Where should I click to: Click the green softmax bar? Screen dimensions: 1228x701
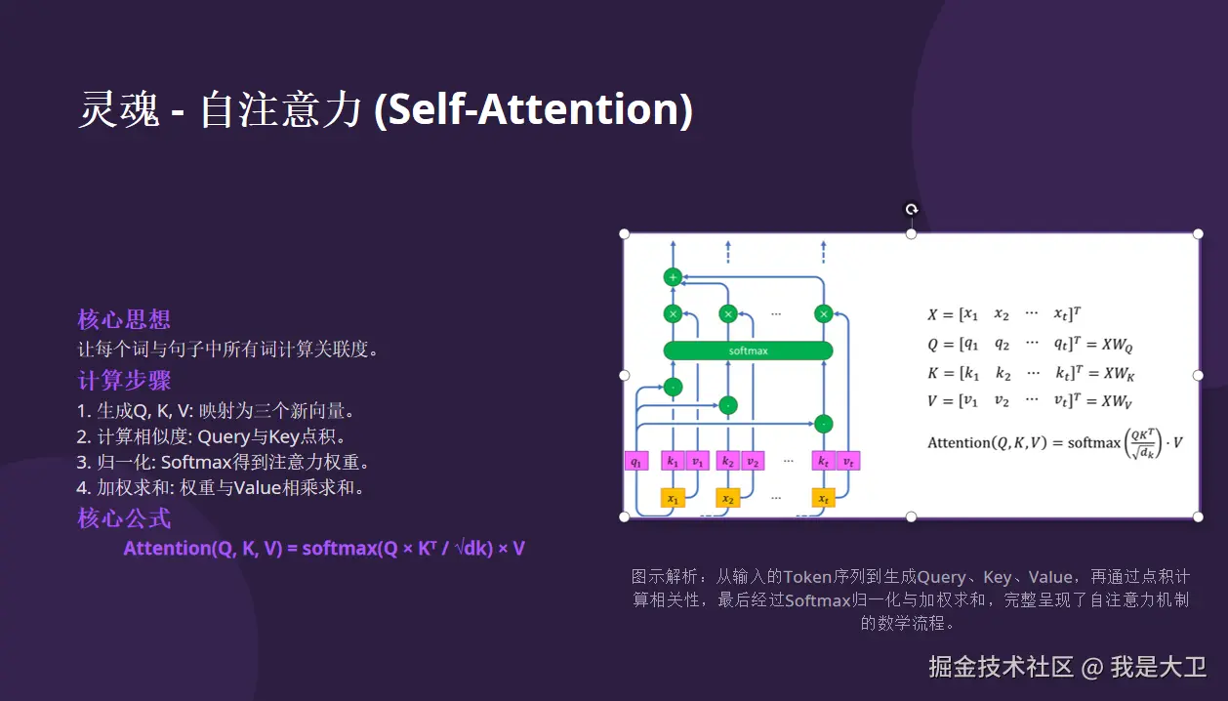click(748, 350)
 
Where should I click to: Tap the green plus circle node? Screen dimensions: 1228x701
click(673, 277)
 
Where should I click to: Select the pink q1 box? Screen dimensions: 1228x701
click(636, 461)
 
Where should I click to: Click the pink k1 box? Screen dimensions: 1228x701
click(673, 461)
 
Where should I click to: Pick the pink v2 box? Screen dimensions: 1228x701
click(753, 461)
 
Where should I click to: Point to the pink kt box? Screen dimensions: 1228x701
click(824, 461)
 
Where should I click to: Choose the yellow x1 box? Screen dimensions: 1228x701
click(673, 499)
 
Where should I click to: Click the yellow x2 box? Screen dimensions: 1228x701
click(728, 499)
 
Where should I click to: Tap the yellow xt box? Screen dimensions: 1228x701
click(824, 499)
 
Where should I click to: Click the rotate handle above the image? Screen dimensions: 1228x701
click(911, 209)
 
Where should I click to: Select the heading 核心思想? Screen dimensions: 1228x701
click(124, 319)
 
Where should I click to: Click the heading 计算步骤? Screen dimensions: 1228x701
click(124, 380)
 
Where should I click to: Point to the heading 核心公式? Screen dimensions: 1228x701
click(124, 518)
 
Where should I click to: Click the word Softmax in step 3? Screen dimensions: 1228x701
click(197, 463)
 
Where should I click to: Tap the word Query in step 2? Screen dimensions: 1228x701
click(224, 437)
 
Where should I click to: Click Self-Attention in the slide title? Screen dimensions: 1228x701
click(533, 109)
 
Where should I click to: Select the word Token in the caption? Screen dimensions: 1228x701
click(807, 577)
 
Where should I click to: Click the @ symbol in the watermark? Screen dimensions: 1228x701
click(1091, 668)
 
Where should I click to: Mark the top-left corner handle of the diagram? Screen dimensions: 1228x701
click(624, 234)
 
